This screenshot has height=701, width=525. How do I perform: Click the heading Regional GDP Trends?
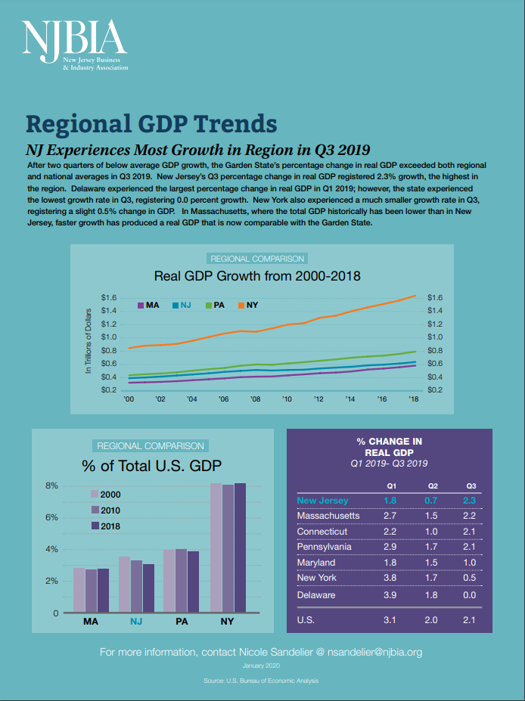click(x=151, y=123)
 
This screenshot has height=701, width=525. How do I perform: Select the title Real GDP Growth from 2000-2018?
click(x=257, y=275)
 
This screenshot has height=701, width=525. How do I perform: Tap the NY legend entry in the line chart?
click(x=247, y=305)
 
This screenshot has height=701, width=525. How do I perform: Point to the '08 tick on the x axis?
click(x=256, y=399)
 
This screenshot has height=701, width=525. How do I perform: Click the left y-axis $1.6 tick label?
click(x=108, y=297)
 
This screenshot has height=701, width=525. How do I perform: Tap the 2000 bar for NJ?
click(x=125, y=584)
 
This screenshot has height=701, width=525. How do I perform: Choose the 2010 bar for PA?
click(x=181, y=580)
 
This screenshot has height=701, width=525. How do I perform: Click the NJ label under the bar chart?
click(x=136, y=622)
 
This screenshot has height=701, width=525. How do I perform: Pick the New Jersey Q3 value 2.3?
click(x=470, y=501)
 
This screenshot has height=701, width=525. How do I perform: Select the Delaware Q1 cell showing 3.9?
click(x=390, y=595)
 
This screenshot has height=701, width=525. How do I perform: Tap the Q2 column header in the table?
click(x=433, y=485)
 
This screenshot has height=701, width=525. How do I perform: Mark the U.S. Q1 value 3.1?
click(x=390, y=621)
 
